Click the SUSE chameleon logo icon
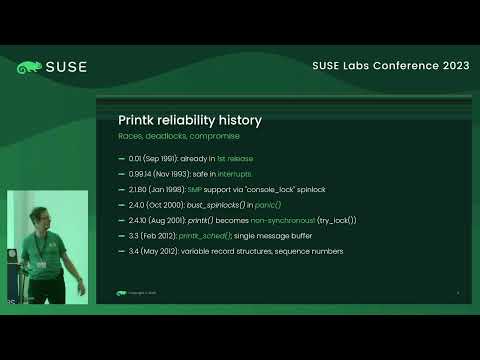[29, 68]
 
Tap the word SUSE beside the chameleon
[65, 68]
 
